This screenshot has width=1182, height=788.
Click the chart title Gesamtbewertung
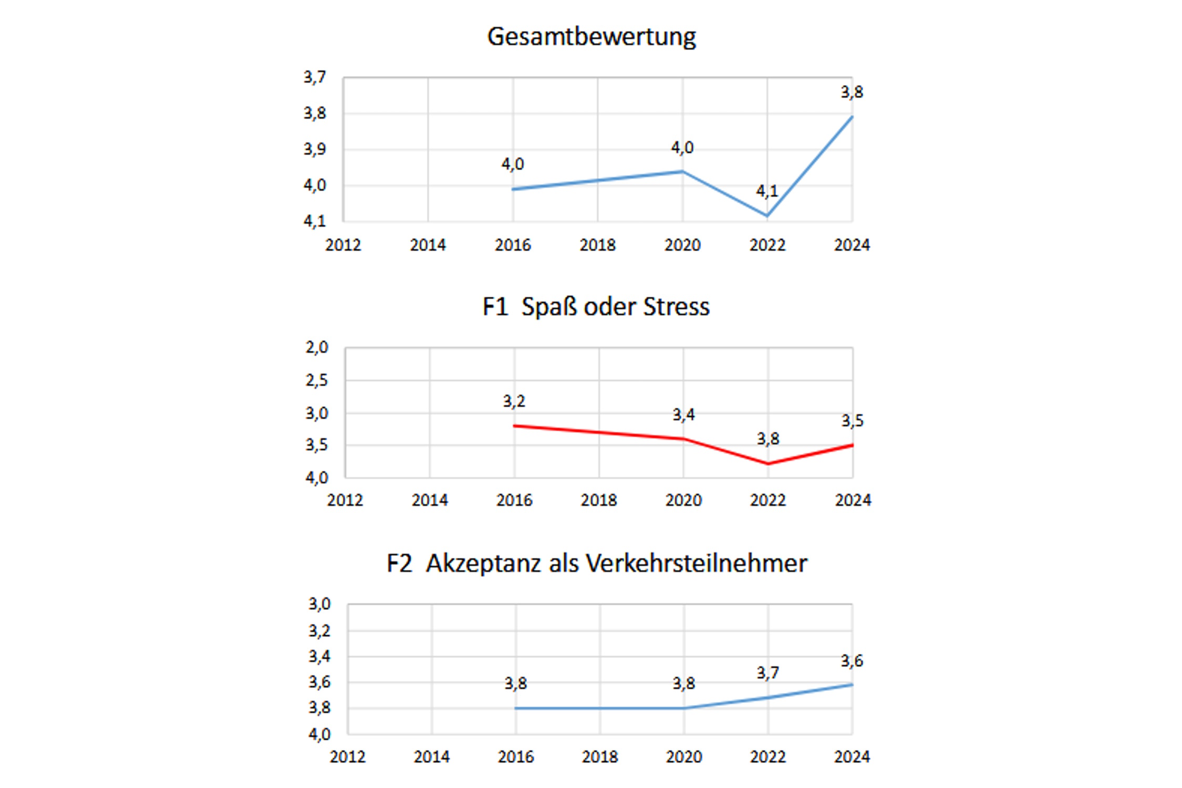tap(592, 37)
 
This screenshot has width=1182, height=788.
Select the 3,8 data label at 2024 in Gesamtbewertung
tap(852, 92)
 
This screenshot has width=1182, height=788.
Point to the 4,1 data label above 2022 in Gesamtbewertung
tap(767, 191)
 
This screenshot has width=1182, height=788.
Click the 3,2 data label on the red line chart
tap(514, 401)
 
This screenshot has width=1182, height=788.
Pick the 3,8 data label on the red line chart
tap(768, 439)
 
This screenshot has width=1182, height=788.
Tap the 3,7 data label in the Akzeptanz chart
tap(768, 673)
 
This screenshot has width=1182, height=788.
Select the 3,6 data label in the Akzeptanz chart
tap(852, 661)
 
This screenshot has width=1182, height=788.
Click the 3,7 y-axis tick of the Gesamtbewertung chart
tap(315, 78)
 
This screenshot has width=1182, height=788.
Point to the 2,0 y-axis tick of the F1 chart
tap(317, 348)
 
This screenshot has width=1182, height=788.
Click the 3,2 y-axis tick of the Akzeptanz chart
tap(319, 630)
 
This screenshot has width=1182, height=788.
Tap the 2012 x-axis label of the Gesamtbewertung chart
tap(343, 245)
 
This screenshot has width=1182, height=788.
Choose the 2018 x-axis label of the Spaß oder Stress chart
tap(598, 500)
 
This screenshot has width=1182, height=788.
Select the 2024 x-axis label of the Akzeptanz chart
tap(852, 757)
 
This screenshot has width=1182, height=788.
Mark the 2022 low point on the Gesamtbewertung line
tap(768, 215)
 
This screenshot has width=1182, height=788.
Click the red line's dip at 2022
tap(768, 463)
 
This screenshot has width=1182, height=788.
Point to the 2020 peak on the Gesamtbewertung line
tap(682, 171)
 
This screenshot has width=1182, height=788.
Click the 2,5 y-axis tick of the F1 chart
tap(317, 380)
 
